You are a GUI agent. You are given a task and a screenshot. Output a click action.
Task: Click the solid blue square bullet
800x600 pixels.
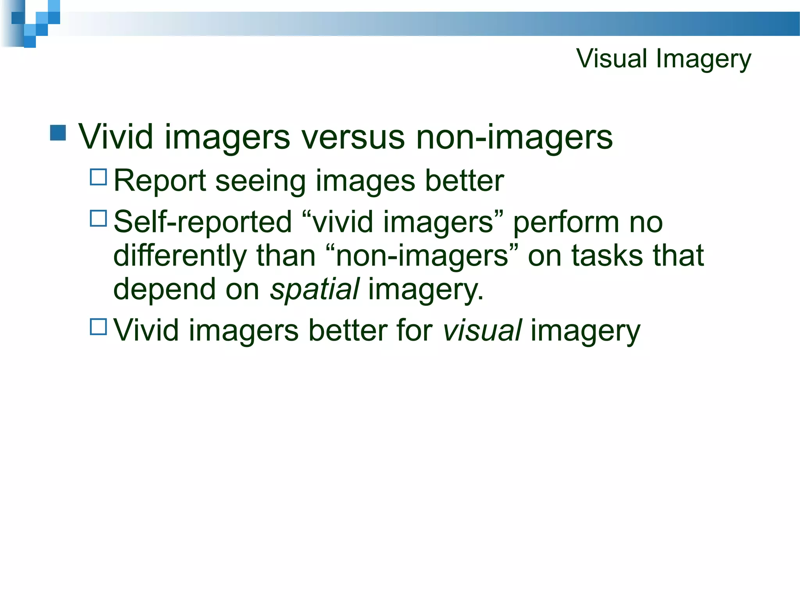point(58,133)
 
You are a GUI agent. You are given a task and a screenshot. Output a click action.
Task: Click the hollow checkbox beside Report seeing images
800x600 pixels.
point(98,177)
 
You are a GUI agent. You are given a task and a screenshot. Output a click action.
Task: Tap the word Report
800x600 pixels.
point(159,181)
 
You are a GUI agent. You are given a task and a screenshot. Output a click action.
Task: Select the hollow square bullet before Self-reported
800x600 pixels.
point(98,219)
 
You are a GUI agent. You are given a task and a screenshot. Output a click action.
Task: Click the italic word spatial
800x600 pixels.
point(314,289)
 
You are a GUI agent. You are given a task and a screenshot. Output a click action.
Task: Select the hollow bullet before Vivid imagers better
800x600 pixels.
point(98,327)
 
